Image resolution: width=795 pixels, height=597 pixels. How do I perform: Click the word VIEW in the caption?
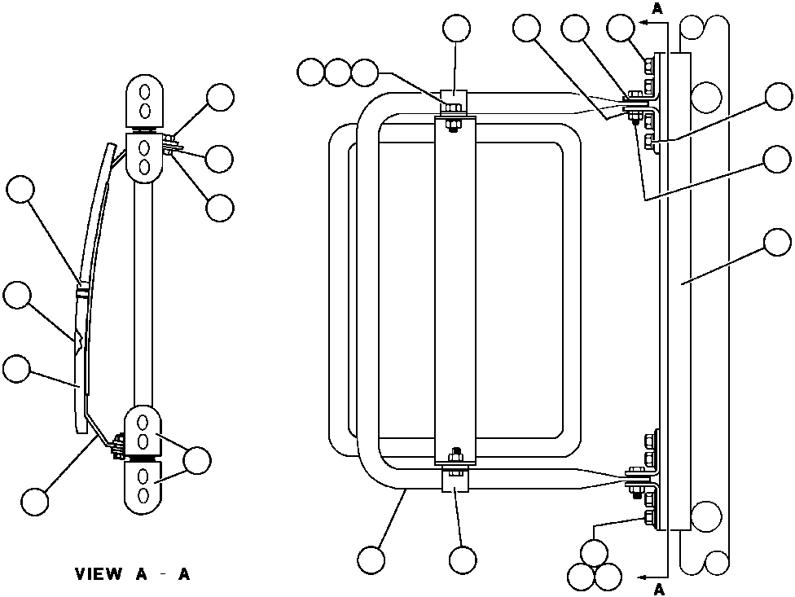[98, 574]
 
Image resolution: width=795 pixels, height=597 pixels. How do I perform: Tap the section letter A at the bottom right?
[660, 590]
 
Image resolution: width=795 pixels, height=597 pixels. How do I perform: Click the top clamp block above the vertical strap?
[452, 100]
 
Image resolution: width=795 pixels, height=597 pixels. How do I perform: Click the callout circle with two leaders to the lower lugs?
[197, 460]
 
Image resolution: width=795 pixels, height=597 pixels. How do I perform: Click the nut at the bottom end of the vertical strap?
[455, 453]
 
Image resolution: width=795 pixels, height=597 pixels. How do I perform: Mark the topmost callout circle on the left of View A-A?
[20, 191]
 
